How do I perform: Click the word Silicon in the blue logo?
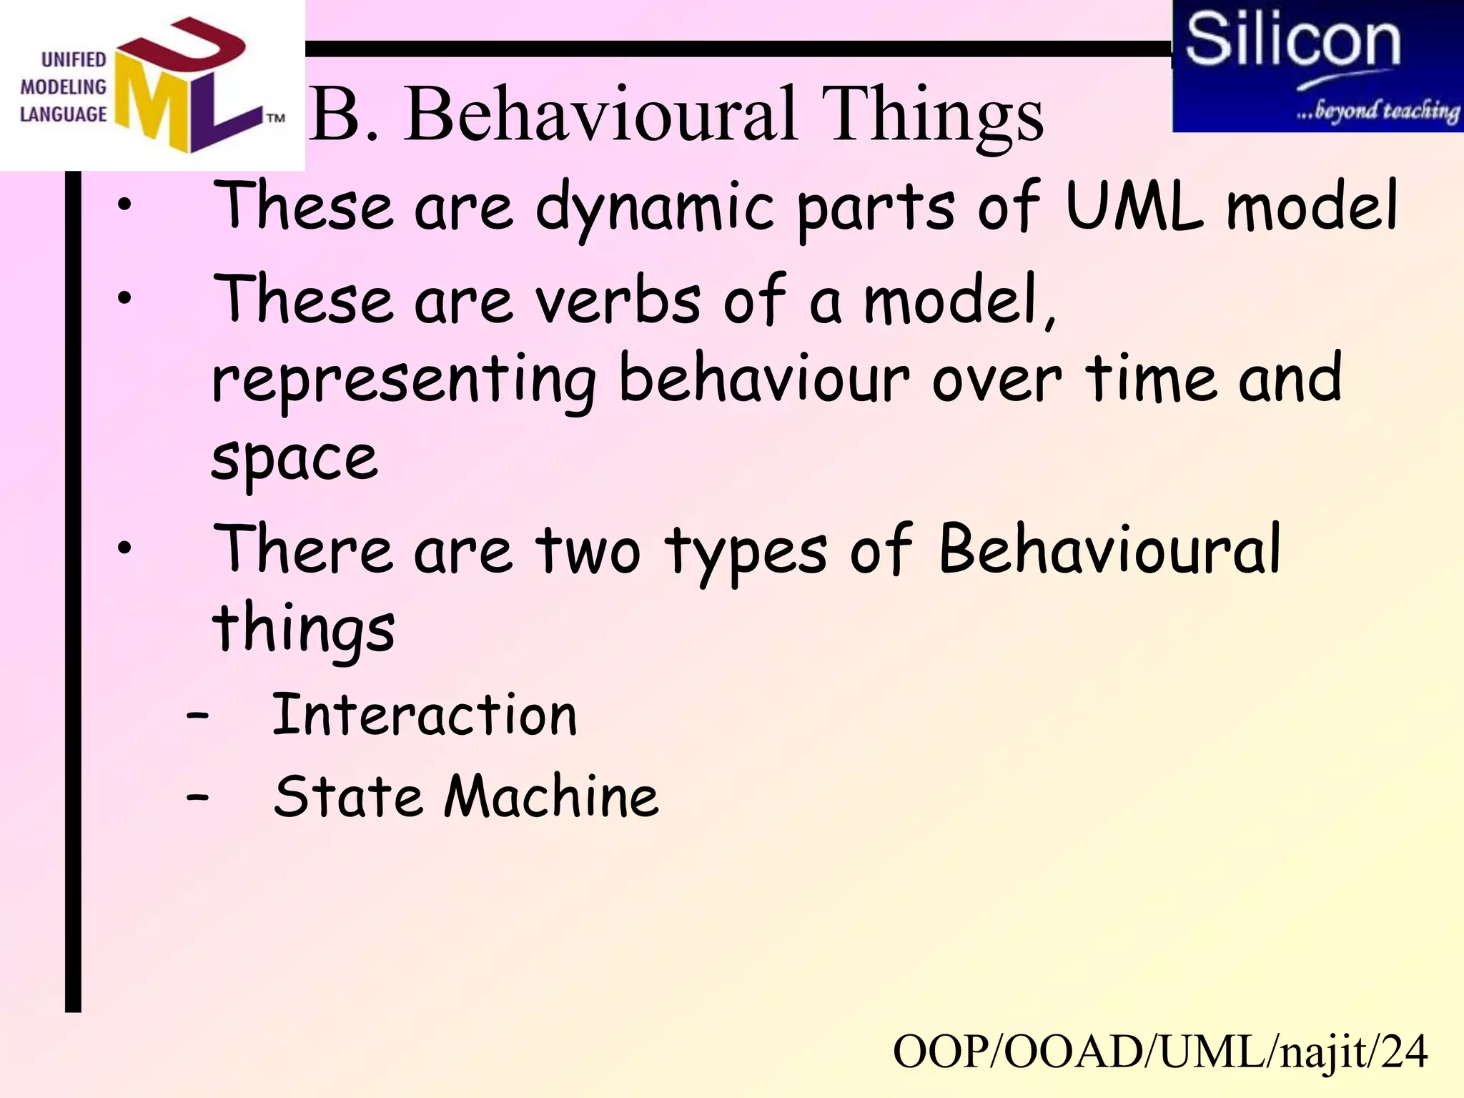tap(1292, 41)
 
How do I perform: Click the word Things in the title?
tap(932, 114)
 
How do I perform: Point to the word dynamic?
tap(654, 209)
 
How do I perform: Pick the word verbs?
tap(618, 300)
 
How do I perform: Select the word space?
tap(295, 459)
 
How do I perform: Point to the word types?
tap(746, 554)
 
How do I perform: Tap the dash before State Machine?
tap(197, 796)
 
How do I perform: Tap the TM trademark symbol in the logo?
tap(276, 118)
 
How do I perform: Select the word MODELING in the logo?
tap(63, 87)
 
